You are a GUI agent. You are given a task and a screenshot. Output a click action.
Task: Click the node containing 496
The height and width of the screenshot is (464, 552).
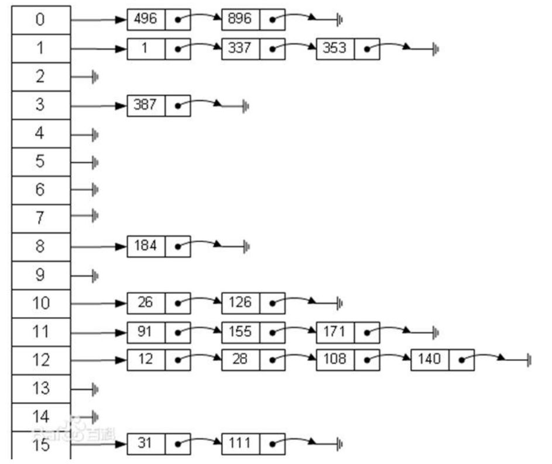146,19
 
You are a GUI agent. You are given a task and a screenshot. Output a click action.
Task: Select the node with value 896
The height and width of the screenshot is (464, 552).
241,19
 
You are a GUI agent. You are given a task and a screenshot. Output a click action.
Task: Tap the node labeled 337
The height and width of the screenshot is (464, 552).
241,48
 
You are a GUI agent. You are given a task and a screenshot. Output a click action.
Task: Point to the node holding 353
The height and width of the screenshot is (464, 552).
335,48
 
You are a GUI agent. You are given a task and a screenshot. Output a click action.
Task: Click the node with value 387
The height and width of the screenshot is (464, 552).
146,105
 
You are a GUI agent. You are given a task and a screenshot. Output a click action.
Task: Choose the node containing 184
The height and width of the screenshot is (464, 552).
146,246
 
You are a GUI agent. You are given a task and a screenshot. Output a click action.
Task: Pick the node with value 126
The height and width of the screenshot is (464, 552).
241,303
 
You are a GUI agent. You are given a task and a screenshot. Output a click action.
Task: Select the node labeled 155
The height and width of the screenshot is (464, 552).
241,332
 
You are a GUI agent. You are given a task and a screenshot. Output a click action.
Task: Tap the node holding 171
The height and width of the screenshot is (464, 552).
335,332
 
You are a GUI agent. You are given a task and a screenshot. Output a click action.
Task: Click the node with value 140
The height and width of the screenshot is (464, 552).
430,360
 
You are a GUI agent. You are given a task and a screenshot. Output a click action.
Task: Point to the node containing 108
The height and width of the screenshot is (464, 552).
335,360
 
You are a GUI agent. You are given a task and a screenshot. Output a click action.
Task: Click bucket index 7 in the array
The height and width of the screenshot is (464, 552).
40,218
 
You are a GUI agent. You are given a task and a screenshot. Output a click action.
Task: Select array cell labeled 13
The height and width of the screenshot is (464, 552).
40,388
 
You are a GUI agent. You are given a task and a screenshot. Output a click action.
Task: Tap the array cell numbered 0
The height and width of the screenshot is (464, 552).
40,20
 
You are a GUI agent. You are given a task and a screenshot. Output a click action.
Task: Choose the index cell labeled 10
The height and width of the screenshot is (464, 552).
40,303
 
